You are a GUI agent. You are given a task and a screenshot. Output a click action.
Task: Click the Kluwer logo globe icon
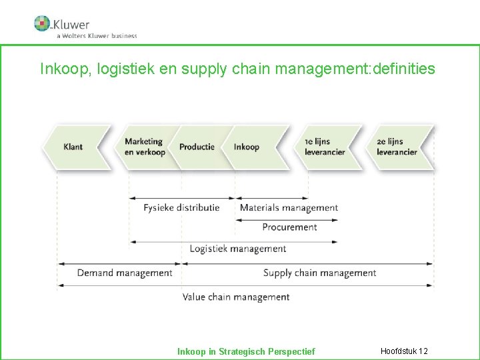coord(42,23)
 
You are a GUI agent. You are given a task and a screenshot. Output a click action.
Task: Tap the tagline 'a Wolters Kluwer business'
coord(96,36)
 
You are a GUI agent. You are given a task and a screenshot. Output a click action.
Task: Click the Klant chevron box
coord(74,147)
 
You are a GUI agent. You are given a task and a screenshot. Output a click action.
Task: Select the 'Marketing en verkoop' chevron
coord(145,147)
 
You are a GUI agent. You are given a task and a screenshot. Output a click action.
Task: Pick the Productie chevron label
coord(197,147)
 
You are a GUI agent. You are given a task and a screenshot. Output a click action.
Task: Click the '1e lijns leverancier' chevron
coord(325,147)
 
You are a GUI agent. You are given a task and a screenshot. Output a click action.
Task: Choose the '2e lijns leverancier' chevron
coord(397,147)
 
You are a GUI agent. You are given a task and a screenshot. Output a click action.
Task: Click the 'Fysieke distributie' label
coord(181,208)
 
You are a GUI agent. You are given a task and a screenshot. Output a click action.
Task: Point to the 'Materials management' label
coord(289,208)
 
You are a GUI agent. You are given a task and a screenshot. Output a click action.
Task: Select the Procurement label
coord(289,227)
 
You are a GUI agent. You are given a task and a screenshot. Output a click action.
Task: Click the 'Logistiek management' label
coord(238,249)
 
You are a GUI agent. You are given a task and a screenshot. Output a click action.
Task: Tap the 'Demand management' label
coord(125,273)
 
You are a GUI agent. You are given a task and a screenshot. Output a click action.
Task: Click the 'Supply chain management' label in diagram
coord(319,273)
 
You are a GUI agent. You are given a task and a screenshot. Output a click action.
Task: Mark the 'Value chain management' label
coord(236,297)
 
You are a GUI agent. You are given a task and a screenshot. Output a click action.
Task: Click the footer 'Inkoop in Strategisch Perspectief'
coord(246,351)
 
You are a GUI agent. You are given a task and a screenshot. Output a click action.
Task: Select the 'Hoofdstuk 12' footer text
coord(404,351)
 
